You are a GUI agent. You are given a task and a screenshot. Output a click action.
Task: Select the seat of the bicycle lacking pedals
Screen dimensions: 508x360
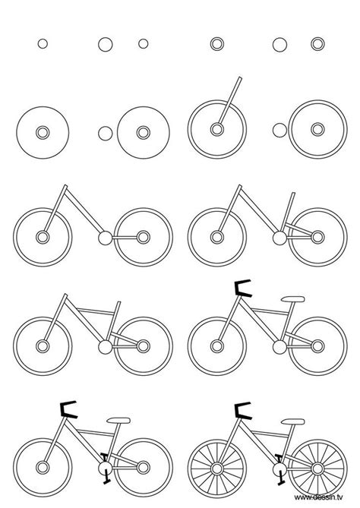point(291,298)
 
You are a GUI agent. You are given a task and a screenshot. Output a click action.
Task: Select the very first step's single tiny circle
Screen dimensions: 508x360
point(43,43)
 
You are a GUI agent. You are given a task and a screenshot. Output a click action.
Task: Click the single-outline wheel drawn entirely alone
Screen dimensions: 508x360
point(43,132)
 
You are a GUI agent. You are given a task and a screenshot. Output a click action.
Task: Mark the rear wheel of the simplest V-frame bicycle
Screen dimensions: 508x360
point(141,238)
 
